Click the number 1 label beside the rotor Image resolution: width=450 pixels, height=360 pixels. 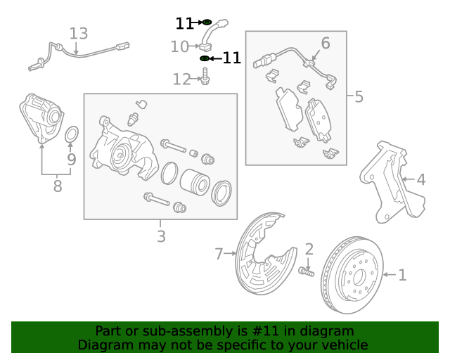coord(402,275)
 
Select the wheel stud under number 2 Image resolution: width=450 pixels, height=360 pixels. coord(307,271)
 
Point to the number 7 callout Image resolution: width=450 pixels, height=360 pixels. coord(219,253)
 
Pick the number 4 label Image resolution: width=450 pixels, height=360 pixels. coord(420,180)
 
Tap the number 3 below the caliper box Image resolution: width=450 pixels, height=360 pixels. coord(161,237)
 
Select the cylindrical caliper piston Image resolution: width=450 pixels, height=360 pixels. coord(195,182)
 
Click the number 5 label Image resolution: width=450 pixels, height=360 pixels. coord(359,96)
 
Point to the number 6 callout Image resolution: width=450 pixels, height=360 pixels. coord(325,44)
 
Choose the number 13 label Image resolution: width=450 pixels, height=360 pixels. coord(79,33)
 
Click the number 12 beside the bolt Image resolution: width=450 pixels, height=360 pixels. coord(181,79)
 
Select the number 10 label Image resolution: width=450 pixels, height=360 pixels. coord(179,47)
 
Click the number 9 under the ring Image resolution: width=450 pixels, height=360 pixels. coord(71,160)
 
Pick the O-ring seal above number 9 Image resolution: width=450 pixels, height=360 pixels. coord(72,134)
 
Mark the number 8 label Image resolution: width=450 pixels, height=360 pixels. coord(57,186)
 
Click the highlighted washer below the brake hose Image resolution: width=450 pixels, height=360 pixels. coord(205,58)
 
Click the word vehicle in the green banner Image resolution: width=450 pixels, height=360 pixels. coord(341,345)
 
